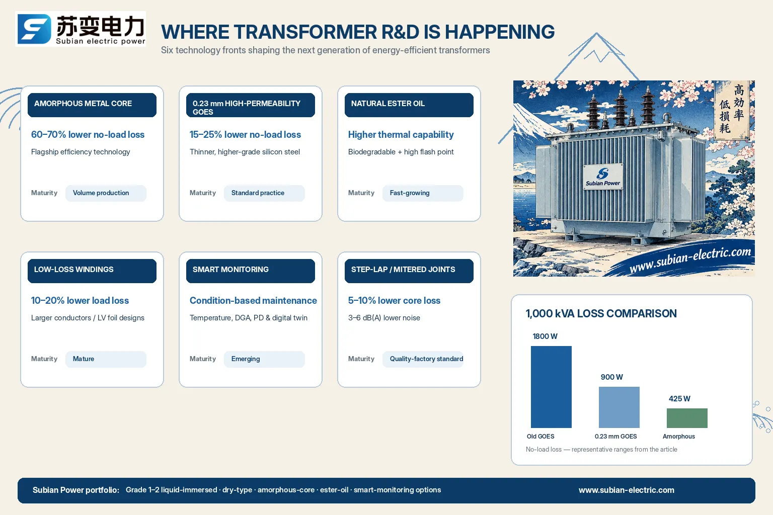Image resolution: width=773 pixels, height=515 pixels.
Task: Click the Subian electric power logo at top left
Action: tap(81, 29)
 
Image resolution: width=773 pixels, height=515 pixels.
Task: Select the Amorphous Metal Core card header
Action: tap(92, 105)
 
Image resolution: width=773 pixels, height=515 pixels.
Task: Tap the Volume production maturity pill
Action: tap(106, 193)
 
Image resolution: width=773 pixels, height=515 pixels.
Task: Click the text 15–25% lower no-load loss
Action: tap(245, 134)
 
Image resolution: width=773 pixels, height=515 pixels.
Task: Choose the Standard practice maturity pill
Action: tap(264, 193)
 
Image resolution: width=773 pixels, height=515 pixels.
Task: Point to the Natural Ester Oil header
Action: tap(409, 105)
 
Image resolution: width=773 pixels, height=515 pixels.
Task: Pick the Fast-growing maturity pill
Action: tap(423, 193)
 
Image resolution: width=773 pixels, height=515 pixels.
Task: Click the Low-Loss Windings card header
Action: tap(92, 271)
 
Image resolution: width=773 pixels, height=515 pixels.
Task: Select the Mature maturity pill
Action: tap(106, 359)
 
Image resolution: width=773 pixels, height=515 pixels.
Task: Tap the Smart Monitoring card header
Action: tap(250, 271)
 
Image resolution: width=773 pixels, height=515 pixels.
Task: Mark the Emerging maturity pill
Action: tap(264, 359)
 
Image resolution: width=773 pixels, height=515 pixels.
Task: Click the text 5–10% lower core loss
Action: tap(394, 300)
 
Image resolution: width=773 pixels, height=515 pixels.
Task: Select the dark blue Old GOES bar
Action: tap(551, 387)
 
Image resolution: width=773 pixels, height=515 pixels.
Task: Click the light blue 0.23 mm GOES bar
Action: tap(619, 407)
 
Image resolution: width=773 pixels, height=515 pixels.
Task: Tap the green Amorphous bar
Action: tap(687, 418)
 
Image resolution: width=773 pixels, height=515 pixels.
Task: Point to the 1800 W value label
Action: tap(545, 336)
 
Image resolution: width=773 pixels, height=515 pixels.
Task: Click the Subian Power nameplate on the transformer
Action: tap(603, 177)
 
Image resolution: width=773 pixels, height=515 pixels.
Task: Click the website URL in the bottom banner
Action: tap(627, 490)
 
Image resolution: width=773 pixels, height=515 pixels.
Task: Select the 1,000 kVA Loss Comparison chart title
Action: tap(601, 313)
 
